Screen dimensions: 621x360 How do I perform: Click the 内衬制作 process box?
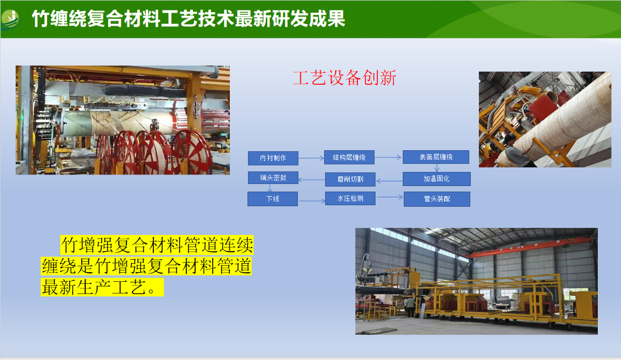point(273,158)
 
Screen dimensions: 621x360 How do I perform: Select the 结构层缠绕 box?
point(349,157)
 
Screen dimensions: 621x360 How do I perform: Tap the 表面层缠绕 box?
point(436,157)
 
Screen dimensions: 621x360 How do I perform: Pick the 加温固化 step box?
point(437,179)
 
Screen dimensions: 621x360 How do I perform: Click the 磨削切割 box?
point(350,179)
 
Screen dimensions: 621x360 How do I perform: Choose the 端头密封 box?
point(273,178)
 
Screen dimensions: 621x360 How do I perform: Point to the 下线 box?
point(273,199)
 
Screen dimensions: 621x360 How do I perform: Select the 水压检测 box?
point(350,198)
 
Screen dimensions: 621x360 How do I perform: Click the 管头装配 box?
point(437,199)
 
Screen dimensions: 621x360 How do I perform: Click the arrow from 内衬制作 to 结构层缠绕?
point(311,158)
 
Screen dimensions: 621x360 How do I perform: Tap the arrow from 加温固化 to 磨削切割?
point(390,182)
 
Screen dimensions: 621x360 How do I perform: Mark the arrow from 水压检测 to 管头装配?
point(390,197)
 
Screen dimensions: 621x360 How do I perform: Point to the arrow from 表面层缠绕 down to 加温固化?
point(437,168)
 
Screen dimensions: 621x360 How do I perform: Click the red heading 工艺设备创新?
point(345,78)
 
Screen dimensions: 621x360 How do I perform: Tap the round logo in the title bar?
point(11,20)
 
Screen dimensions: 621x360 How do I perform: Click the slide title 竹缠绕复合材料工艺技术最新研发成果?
point(189,19)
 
